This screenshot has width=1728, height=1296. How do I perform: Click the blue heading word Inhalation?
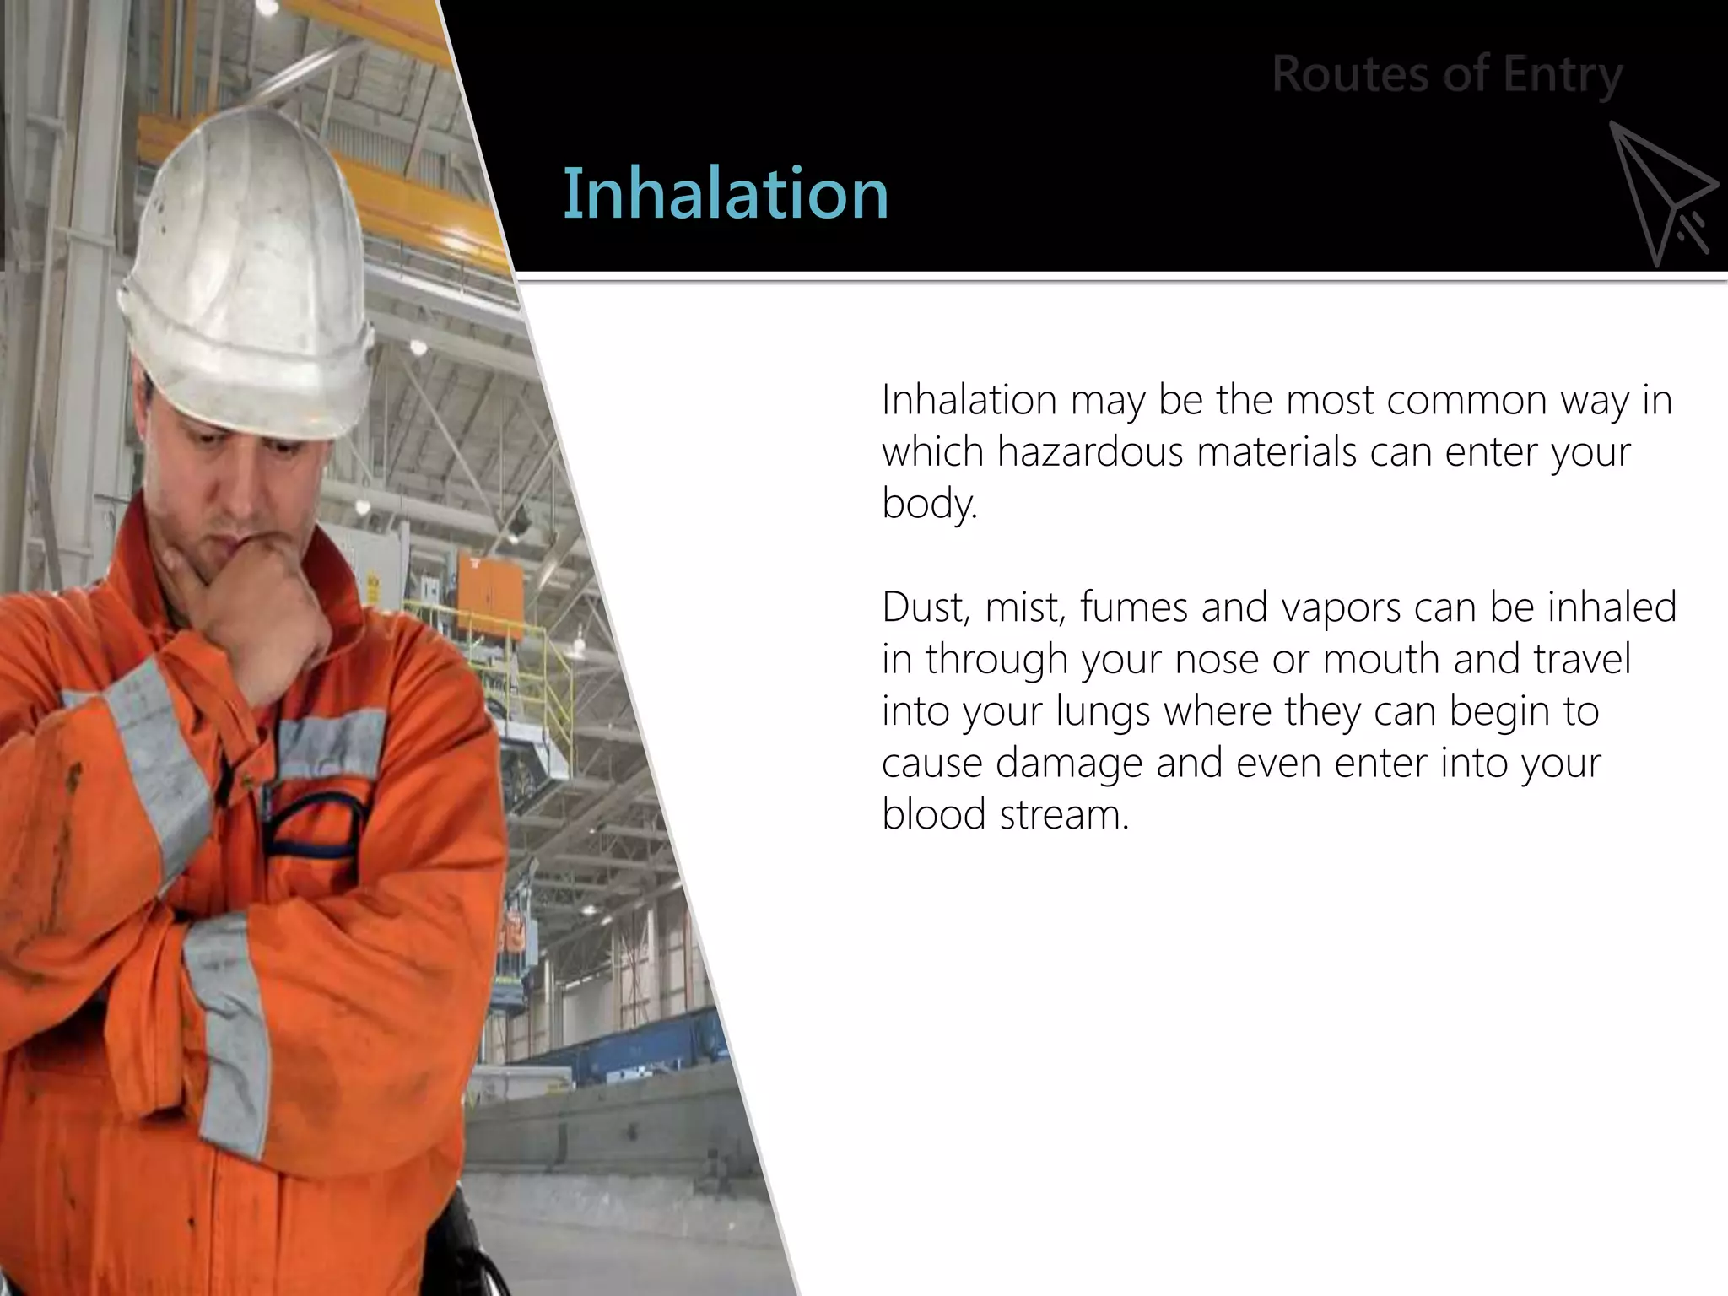click(726, 194)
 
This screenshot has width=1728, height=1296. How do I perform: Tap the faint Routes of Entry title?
click(1446, 74)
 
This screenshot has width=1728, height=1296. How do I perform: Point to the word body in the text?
click(928, 504)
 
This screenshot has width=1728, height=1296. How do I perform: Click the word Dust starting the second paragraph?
click(924, 607)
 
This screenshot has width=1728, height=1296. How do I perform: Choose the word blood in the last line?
click(933, 815)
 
